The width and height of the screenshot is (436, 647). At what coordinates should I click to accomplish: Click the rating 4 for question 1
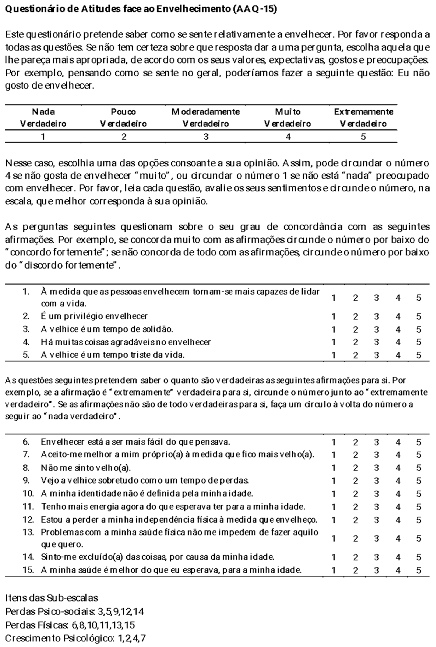(398, 298)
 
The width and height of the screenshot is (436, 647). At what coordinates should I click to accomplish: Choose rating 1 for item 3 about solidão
(333, 329)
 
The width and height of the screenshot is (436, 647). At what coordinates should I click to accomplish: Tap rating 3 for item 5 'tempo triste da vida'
(376, 355)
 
